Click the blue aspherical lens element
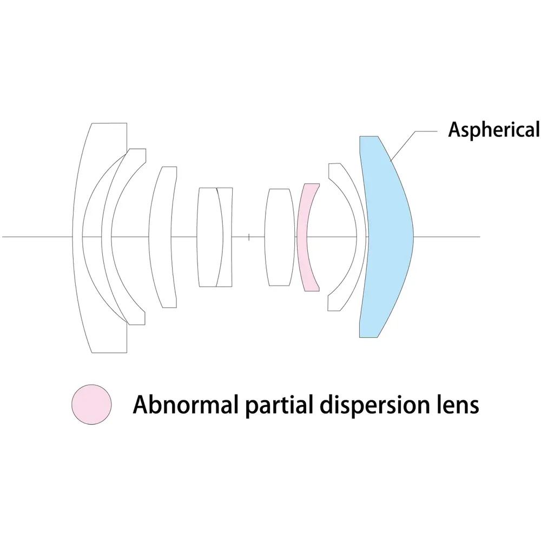387,238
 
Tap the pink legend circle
92,405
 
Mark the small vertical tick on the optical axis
248,236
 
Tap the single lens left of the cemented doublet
162,238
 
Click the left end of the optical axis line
4,236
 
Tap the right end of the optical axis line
478,236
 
